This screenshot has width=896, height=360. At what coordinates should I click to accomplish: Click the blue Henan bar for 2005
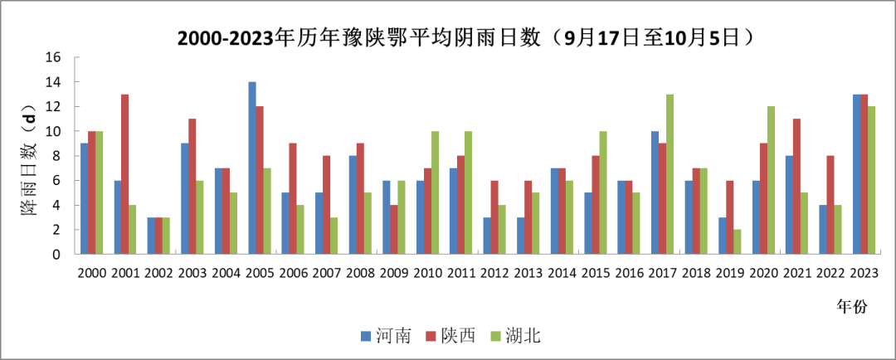[252, 168]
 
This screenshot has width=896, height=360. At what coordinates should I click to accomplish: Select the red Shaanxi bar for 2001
[125, 174]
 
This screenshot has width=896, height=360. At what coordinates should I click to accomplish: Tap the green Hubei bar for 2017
[670, 174]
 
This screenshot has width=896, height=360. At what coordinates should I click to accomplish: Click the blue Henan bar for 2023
[857, 174]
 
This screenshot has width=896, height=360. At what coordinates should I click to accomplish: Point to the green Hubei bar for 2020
[771, 180]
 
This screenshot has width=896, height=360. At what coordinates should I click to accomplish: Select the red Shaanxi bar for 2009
[393, 229]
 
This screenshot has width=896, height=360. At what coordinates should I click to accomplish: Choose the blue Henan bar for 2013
[520, 236]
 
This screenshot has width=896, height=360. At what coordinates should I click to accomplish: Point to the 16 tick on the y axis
[55, 58]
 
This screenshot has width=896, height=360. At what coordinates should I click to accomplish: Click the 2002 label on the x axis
[158, 274]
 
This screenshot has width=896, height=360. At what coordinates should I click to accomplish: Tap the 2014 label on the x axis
[562, 274]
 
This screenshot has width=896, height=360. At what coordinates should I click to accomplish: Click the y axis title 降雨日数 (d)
[28, 158]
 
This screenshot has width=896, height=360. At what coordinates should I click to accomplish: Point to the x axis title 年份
[851, 307]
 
